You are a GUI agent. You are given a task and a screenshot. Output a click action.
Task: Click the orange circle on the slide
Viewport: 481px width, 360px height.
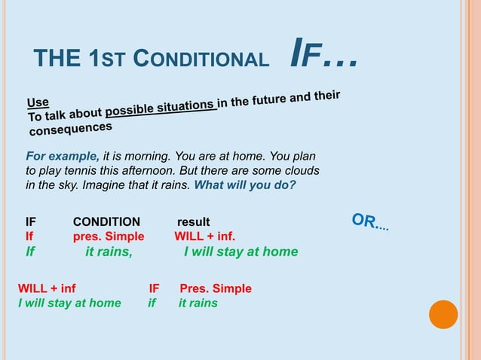click(443, 314)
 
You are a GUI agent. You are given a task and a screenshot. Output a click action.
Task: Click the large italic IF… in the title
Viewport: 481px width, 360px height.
click(323, 53)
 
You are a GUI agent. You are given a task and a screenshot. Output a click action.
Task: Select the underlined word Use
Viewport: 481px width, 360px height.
click(38, 102)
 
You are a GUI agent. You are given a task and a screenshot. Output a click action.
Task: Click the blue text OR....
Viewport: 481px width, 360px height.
click(369, 222)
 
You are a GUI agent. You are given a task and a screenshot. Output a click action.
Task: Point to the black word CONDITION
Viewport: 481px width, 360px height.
click(106, 221)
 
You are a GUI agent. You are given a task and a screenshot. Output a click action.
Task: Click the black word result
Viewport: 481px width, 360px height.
click(193, 221)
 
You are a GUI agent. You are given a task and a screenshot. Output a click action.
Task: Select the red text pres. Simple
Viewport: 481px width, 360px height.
click(109, 235)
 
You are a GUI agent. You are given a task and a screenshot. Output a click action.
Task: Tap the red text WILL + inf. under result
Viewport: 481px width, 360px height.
click(204, 235)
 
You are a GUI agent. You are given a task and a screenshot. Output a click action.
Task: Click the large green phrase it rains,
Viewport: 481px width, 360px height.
click(109, 252)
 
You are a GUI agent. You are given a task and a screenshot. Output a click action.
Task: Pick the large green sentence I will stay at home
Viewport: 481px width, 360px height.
click(240, 252)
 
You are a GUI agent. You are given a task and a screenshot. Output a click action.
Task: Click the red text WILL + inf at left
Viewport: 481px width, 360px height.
click(47, 288)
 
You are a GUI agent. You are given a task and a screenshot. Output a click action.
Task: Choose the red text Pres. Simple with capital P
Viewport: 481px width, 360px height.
click(215, 288)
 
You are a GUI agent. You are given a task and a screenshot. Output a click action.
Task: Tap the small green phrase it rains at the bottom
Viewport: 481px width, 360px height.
click(198, 303)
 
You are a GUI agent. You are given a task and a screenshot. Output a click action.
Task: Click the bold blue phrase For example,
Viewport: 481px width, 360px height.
click(63, 156)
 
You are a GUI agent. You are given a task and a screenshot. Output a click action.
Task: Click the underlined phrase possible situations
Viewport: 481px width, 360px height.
click(161, 109)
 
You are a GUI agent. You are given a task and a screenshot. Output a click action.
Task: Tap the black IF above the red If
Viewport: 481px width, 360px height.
click(31, 221)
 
